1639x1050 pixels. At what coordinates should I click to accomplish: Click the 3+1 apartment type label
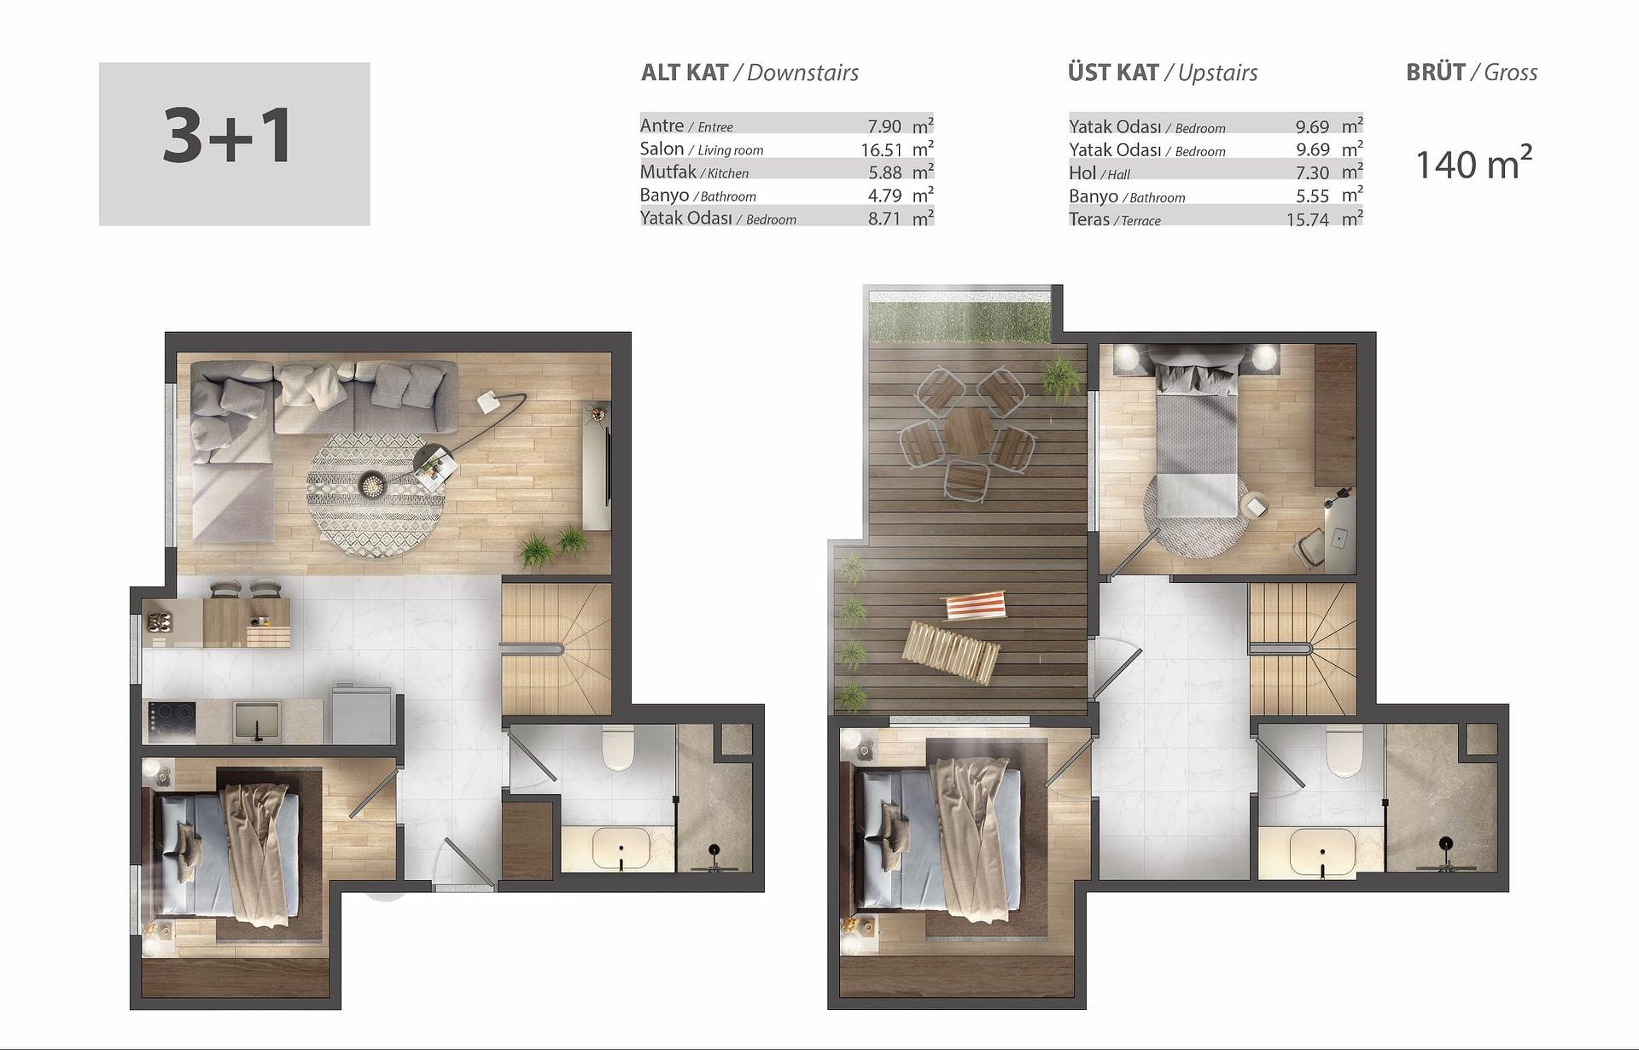[x=228, y=136]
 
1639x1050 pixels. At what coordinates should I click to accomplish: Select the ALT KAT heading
[x=685, y=73]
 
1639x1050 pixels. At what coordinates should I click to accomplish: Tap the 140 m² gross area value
[x=1473, y=164]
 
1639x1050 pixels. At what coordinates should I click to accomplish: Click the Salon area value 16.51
[x=881, y=149]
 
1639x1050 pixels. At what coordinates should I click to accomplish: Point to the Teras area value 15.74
[x=1308, y=219]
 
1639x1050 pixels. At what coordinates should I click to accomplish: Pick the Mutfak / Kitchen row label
[x=694, y=172]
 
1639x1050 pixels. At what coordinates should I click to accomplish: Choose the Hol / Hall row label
[x=1099, y=172]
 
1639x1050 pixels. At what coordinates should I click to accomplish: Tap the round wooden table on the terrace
[x=967, y=431]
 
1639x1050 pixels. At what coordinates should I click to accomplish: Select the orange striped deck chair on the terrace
[x=974, y=606]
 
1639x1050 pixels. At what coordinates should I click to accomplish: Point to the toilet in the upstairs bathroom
[x=1344, y=751]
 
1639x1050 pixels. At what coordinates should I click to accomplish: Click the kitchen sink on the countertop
[x=258, y=720]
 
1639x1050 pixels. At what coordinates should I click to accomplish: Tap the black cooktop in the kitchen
[x=171, y=722]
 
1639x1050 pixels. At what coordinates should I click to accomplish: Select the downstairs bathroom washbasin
[x=621, y=847]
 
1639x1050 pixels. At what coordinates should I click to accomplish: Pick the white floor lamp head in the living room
[x=490, y=401]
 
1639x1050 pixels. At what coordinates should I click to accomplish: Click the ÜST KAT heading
[x=1113, y=72]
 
